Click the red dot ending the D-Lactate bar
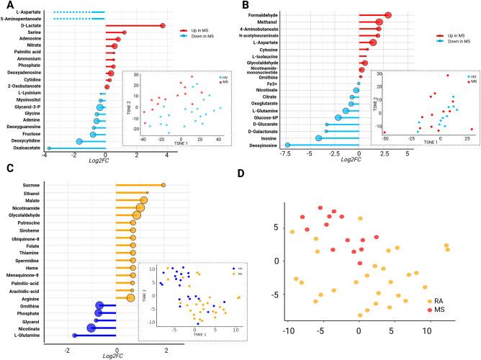tap(163, 26)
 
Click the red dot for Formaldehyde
tap(388, 15)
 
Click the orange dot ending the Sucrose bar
tap(164, 186)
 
